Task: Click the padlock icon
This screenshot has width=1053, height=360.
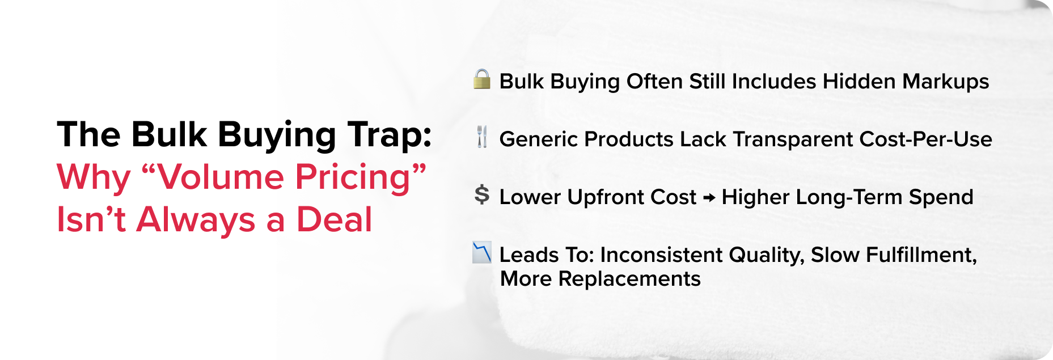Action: coord(481,79)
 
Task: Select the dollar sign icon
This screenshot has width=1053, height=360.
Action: coord(482,195)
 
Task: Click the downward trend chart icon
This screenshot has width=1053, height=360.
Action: coord(482,253)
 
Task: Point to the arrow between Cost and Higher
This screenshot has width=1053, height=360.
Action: coord(709,198)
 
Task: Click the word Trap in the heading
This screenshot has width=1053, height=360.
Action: coord(390,135)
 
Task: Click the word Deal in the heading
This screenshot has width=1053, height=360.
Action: coord(334,220)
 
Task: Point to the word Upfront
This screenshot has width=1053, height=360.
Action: coord(606,197)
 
